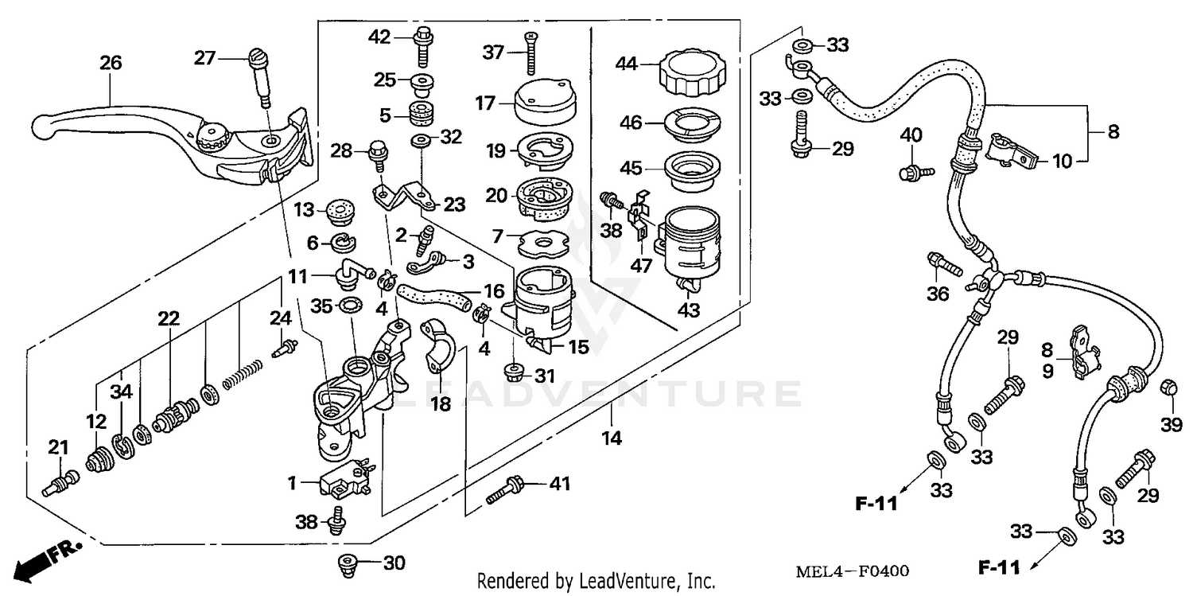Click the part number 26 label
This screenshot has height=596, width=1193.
pos(111,62)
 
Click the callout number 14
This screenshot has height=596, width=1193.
pos(611,437)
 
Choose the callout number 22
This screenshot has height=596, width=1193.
pos(168,318)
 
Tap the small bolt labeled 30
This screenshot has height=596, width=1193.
pos(347,563)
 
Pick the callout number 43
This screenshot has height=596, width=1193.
pos(689,310)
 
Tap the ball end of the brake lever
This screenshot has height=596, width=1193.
pos(45,126)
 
